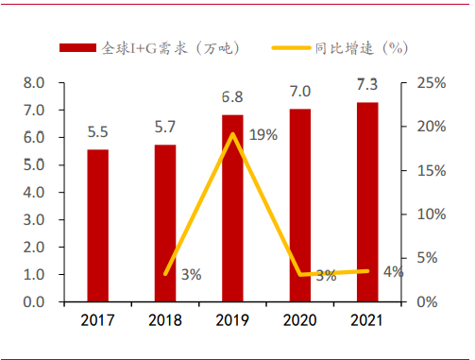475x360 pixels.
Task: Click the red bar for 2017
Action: click(x=97, y=225)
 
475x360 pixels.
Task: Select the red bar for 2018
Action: click(x=165, y=223)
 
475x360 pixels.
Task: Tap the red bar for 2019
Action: click(x=232, y=208)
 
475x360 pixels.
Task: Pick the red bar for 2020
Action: click(x=299, y=205)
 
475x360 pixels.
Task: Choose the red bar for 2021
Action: click(x=367, y=201)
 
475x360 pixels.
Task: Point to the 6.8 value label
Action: click(x=232, y=97)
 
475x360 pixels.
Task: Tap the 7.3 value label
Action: click(x=367, y=86)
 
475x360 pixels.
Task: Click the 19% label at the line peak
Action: click(x=263, y=135)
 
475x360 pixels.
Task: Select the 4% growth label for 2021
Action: click(x=392, y=271)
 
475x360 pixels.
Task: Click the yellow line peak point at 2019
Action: click(x=232, y=134)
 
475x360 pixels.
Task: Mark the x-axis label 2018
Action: click(x=165, y=320)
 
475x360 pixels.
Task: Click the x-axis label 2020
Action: click(x=299, y=320)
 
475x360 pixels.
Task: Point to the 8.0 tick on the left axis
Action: click(x=33, y=83)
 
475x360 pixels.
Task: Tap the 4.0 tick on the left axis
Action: click(x=33, y=193)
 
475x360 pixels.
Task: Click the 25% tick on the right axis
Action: click(x=430, y=83)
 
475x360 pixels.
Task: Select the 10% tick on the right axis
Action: click(x=430, y=214)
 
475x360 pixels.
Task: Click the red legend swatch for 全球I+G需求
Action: click(x=77, y=47)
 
